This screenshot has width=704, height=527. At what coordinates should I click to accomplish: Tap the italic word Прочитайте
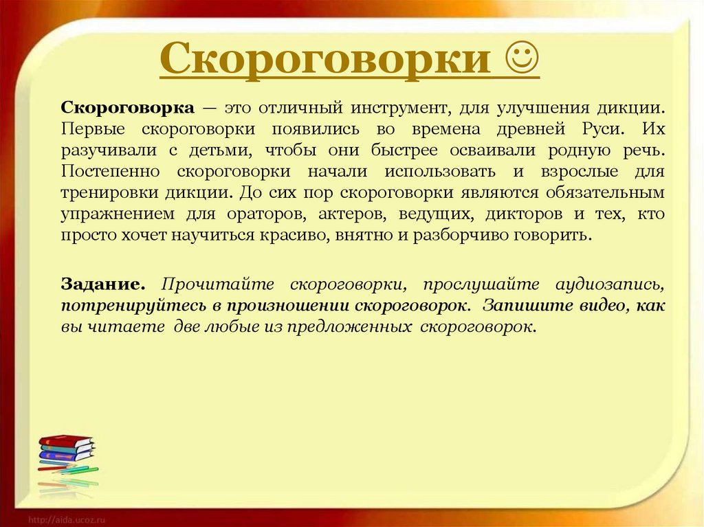218,284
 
